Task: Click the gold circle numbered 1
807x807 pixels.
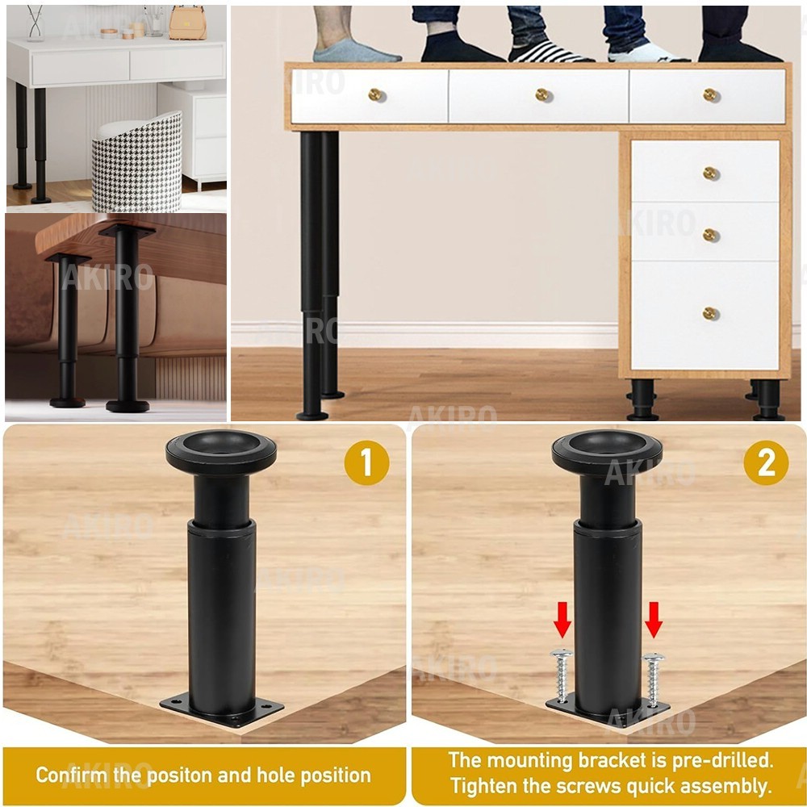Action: tap(366, 462)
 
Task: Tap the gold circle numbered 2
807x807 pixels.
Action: tap(766, 462)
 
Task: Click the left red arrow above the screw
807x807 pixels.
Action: tap(562, 620)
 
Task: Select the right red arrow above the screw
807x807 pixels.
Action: tap(653, 620)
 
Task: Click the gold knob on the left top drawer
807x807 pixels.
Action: tap(377, 94)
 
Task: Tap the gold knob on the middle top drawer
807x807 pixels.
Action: tap(543, 94)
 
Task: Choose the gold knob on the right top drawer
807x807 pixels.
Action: tap(711, 94)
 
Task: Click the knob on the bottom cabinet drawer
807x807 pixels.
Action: tap(711, 313)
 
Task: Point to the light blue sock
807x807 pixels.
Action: tap(355, 50)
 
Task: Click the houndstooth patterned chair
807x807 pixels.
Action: tap(137, 165)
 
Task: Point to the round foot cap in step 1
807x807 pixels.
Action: tap(221, 452)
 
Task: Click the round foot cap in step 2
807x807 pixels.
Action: tap(608, 452)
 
